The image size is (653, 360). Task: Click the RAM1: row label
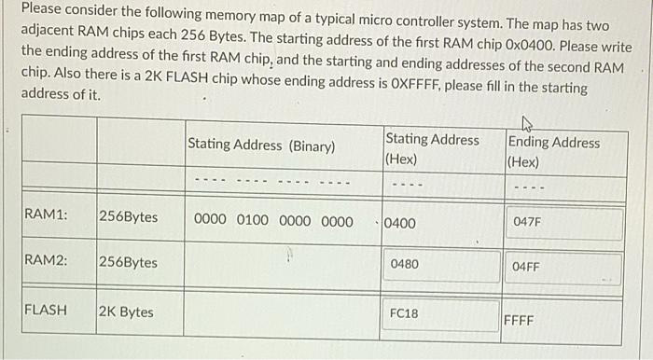tap(46, 215)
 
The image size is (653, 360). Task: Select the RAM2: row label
tap(46, 262)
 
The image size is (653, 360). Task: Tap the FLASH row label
tap(46, 310)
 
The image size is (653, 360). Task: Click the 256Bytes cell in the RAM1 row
tap(128, 216)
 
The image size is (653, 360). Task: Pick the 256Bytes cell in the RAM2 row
tap(128, 262)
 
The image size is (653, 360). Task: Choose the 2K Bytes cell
tap(126, 312)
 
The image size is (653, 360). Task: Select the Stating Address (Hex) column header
tap(432, 149)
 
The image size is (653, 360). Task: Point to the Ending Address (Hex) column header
tap(554, 152)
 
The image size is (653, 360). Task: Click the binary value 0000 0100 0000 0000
tap(273, 221)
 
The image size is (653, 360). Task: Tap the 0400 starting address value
tap(400, 224)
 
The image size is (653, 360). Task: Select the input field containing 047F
tap(563, 223)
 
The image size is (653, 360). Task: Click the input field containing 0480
tap(440, 265)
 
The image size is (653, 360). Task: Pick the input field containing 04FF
tap(563, 267)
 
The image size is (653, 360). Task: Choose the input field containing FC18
tap(440, 313)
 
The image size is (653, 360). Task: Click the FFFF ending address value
tap(519, 320)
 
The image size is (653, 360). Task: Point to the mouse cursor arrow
tap(527, 122)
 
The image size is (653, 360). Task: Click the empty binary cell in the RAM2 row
tap(282, 265)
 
